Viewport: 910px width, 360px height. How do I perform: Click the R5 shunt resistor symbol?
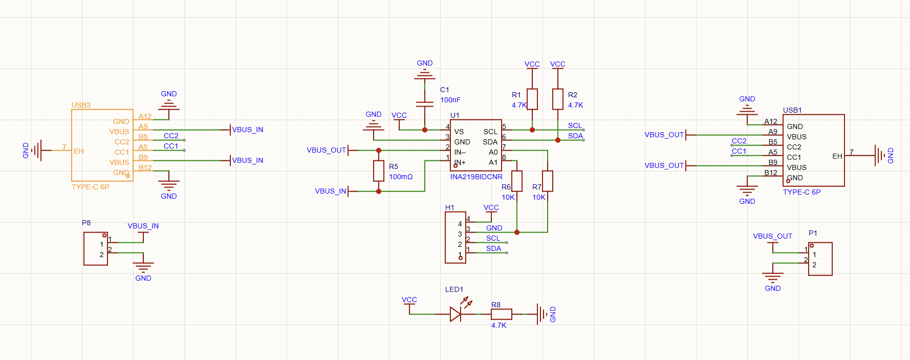pos(379,171)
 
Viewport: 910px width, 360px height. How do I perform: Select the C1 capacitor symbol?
pos(425,104)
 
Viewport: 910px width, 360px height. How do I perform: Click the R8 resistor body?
pos(502,314)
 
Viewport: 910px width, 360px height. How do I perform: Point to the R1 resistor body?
pos(532,99)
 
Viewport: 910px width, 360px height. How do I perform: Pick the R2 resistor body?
pos(558,99)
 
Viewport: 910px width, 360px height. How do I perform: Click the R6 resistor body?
pos(517,181)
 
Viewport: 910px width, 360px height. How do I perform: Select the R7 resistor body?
pos(548,181)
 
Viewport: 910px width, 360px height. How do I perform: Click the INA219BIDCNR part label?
pos(476,177)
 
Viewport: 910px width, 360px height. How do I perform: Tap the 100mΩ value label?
pos(401,177)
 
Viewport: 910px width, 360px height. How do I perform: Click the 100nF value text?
pos(450,100)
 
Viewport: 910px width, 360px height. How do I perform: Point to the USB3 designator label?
pos(81,105)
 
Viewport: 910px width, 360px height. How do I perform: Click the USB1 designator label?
pos(792,110)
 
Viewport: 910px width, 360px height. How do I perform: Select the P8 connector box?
pos(96,249)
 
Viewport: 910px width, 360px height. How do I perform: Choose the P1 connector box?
pos(820,259)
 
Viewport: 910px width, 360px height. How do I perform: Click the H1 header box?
pos(456,238)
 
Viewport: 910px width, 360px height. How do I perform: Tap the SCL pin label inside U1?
pos(490,132)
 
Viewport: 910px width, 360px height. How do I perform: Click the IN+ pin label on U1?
pos(460,162)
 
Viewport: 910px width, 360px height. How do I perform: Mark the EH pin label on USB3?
pos(78,151)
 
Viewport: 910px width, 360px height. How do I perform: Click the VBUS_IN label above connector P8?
pos(143,226)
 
